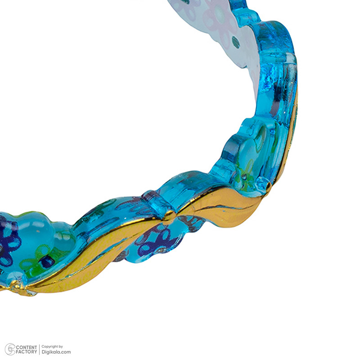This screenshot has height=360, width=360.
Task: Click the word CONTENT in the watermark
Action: (27, 347)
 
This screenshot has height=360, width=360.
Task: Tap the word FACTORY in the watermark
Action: (27, 352)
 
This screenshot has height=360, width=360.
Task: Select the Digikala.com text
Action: (56, 352)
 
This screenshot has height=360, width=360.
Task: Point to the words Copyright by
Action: (52, 346)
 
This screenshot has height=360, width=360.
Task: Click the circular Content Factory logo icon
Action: (10, 349)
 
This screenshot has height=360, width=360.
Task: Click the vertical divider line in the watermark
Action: (39, 349)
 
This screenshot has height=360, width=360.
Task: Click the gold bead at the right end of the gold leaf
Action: (268, 186)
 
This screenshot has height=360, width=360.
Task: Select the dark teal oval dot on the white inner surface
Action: (236, 42)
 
